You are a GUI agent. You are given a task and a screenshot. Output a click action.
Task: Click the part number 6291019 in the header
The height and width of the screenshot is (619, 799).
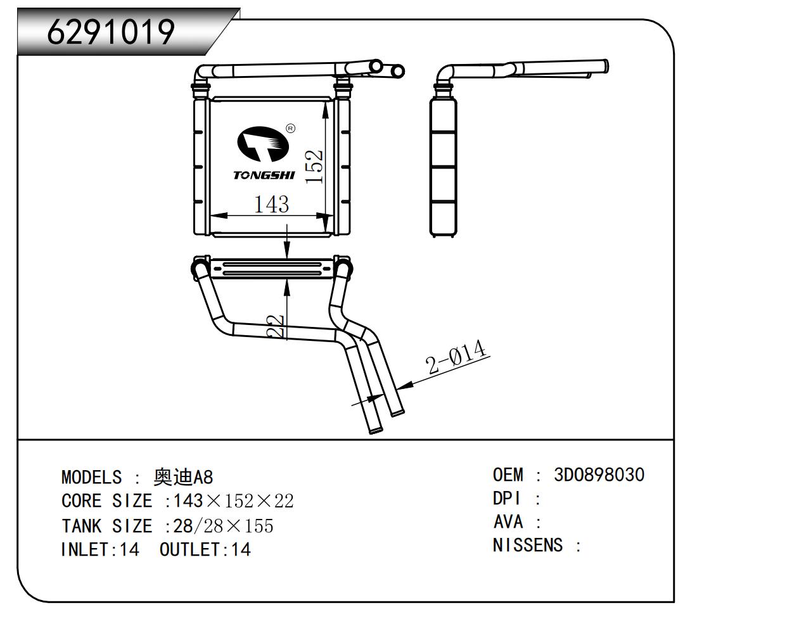pos(111,32)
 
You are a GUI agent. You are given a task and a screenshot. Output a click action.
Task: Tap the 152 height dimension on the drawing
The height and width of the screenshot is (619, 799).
pos(314,167)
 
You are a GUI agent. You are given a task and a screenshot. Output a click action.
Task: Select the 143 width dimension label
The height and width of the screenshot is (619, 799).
pos(272,205)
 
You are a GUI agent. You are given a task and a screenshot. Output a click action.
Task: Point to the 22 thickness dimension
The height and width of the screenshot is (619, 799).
pos(276,326)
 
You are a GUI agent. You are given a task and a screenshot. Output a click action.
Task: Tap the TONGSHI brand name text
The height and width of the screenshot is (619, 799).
pos(264,175)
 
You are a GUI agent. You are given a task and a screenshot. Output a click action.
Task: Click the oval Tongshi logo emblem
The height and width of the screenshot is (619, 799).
pos(263,144)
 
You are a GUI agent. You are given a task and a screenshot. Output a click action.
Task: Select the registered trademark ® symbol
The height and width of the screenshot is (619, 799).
pos(290,128)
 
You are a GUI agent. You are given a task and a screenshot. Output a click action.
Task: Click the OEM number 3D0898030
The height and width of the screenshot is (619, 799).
pos(599,475)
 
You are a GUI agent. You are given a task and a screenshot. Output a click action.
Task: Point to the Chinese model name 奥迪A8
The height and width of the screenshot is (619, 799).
pos(183,477)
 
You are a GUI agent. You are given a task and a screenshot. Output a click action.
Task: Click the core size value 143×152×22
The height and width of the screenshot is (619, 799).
pos(233,501)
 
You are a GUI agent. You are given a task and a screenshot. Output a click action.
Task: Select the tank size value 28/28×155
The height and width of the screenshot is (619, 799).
pos(223,526)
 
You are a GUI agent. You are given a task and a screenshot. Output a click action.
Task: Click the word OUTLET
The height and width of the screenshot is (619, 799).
pos(189,550)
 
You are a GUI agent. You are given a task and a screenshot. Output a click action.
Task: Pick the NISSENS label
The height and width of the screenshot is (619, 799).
pos(528,545)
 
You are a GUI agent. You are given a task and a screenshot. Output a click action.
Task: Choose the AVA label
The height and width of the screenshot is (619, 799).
pos(508,522)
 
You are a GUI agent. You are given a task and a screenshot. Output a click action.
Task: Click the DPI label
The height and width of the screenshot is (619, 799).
pos(507,499)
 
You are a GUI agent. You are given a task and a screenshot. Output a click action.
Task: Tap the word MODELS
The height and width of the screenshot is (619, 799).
pos(91,477)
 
